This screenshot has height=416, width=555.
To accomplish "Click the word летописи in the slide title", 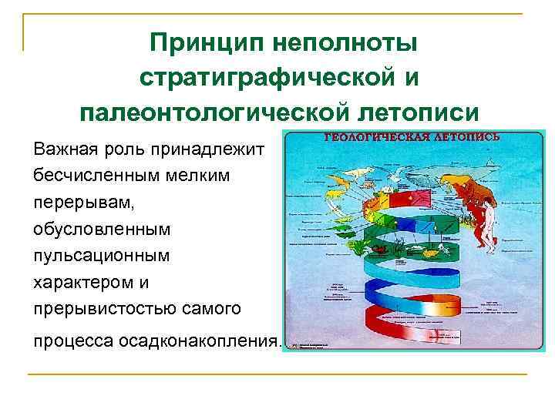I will coord(418,113).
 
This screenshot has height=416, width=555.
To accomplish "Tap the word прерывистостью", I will coord(99,310).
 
